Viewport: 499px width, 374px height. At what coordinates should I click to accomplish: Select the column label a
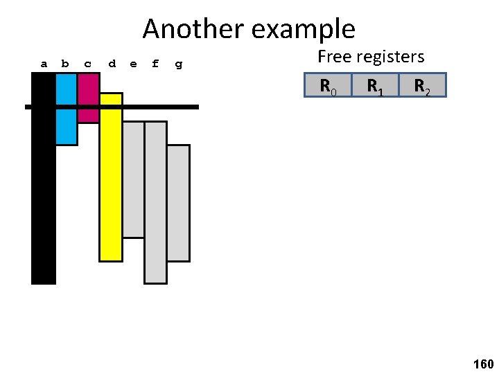44,64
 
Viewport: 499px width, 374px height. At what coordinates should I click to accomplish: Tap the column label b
65,64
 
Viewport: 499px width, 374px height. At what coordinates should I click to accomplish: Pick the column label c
87,64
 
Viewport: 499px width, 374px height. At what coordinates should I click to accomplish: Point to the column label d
112,64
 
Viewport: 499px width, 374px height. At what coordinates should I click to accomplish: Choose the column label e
133,64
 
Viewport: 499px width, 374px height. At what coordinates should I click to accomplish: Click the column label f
155,64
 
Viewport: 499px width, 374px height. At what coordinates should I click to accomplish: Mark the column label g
179,64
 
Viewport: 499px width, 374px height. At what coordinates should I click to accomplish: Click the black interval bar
43,194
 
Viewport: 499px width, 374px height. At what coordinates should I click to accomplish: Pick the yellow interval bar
111,187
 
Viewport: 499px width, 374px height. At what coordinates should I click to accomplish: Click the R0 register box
328,85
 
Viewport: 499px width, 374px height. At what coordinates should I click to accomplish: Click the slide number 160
482,363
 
